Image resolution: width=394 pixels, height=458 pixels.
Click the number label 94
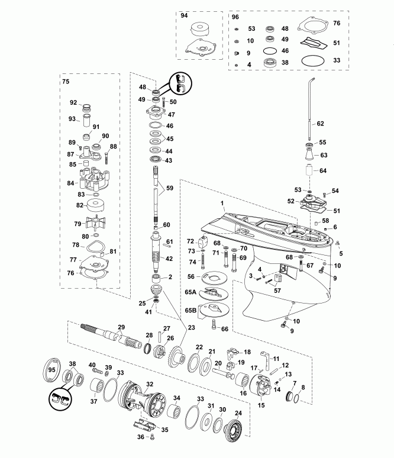coord(184,17)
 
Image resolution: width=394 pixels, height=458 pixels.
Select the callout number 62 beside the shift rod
coord(320,124)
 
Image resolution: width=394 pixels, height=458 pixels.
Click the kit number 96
coord(235,17)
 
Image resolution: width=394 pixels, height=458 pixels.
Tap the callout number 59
coord(170,188)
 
